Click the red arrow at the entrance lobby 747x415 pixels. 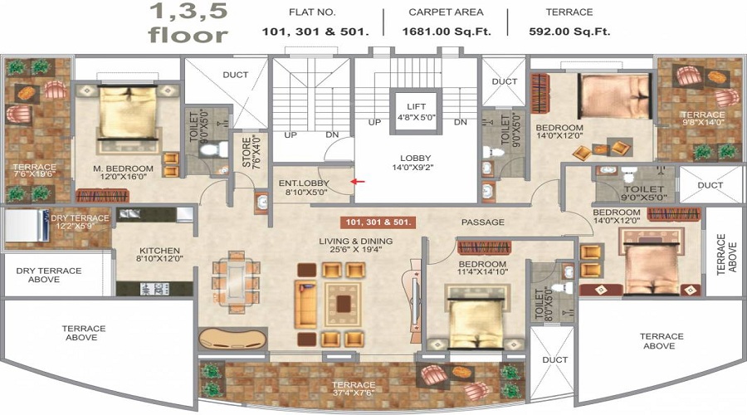[x=358, y=182]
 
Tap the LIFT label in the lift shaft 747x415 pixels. [x=416, y=107]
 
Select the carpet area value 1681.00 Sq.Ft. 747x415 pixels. [x=446, y=32]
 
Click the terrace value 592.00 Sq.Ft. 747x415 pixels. [x=569, y=32]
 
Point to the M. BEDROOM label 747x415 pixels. [x=123, y=168]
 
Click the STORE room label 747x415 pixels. [x=247, y=152]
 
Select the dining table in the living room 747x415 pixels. [x=237, y=281]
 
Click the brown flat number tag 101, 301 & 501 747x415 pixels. [x=378, y=222]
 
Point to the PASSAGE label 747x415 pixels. [x=482, y=222]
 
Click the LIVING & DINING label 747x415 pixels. [x=356, y=241]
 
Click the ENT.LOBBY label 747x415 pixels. [x=304, y=183]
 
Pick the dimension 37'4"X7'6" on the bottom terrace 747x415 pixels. [x=354, y=393]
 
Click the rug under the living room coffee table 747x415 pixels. [x=343, y=304]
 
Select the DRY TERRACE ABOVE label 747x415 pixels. [x=49, y=275]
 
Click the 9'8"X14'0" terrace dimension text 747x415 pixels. [x=703, y=123]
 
